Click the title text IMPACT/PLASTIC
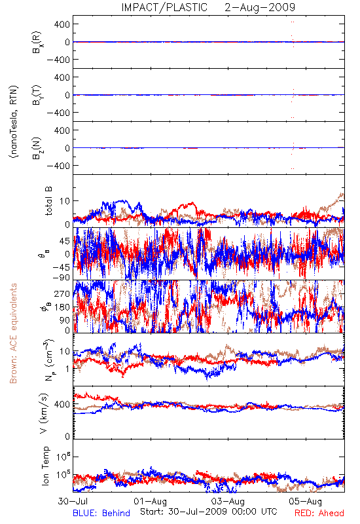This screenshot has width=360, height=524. [164, 7]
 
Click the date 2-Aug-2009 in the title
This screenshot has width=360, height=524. [260, 7]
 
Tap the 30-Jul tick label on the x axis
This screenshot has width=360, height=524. [73, 501]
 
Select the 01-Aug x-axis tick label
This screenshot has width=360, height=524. [151, 501]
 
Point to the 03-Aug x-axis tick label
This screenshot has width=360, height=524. [228, 501]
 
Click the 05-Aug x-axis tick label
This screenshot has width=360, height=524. [306, 501]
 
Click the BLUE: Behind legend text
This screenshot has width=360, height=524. [101, 513]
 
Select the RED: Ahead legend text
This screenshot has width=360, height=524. [319, 513]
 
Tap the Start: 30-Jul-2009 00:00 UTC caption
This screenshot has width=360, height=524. [208, 512]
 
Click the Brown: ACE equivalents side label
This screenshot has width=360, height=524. [13, 333]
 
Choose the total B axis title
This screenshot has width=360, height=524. [48, 201]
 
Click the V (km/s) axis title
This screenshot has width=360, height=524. [44, 413]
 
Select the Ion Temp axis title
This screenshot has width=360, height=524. [45, 466]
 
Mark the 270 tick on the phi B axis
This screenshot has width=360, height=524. [62, 293]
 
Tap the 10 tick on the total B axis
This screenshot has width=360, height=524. [65, 201]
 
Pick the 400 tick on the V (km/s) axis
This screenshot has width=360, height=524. [62, 404]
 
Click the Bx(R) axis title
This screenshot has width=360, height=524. [37, 42]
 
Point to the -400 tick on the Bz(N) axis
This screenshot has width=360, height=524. [58, 166]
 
